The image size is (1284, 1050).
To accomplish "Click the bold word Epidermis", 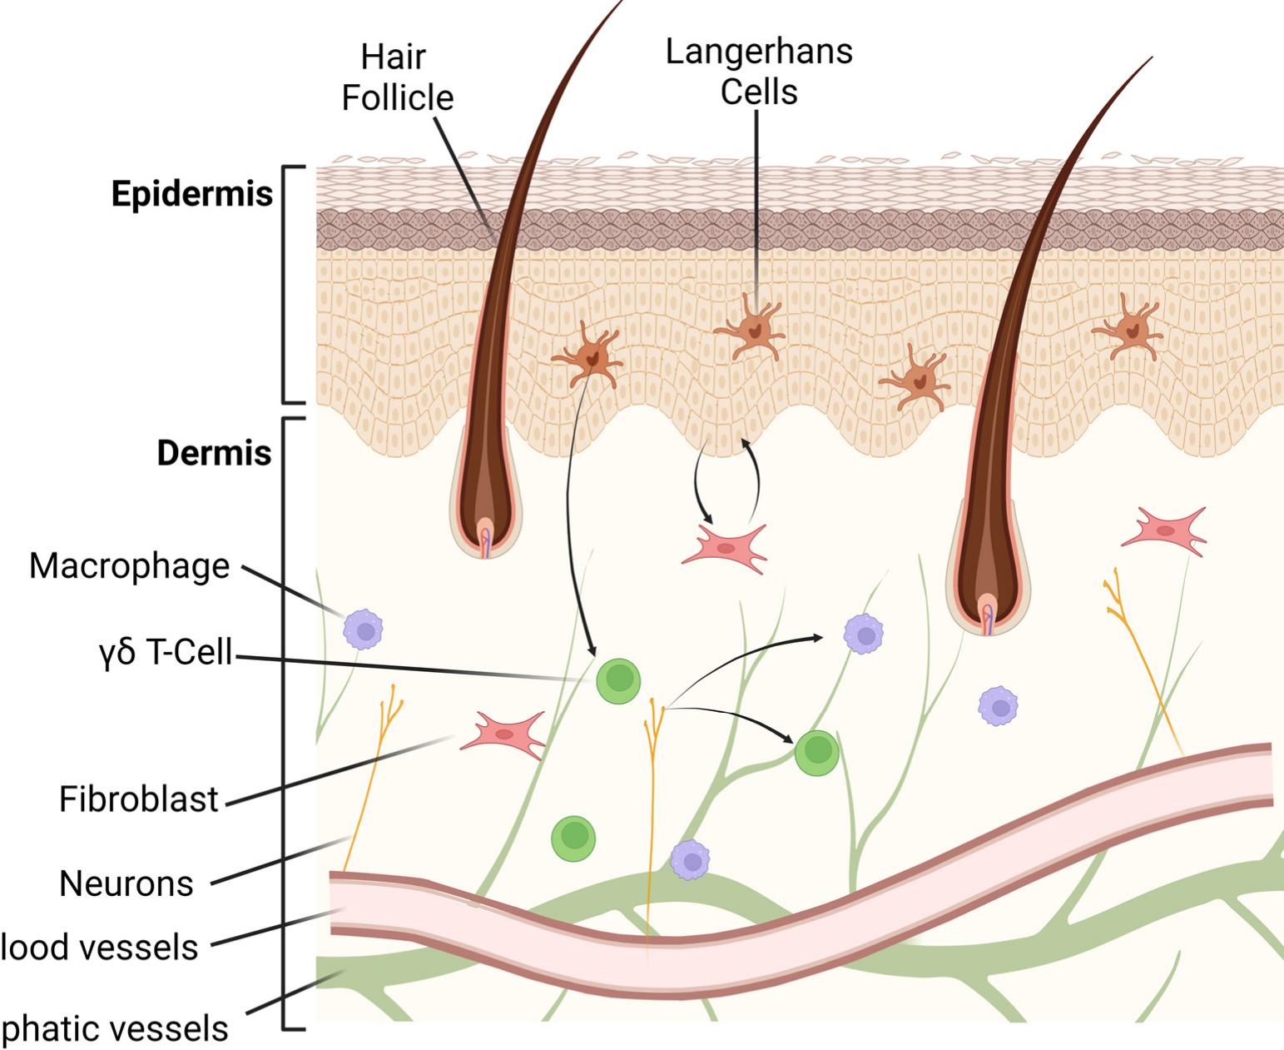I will click(x=192, y=194).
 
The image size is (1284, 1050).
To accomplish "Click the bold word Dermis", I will click(x=215, y=453).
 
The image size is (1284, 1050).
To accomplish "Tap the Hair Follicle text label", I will click(x=397, y=77).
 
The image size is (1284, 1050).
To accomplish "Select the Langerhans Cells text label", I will click(x=758, y=71).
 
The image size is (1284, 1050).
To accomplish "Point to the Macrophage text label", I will click(x=129, y=566).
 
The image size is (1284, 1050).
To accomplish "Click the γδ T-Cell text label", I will click(x=164, y=652).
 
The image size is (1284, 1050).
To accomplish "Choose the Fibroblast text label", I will click(x=138, y=799).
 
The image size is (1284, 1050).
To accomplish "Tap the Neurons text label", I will click(x=126, y=883).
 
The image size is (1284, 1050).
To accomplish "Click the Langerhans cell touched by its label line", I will click(x=749, y=330).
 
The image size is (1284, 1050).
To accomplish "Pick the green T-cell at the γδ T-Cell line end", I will click(x=618, y=680).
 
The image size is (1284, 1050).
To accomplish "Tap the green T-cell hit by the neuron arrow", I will click(x=816, y=753).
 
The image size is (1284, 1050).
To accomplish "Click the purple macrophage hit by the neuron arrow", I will click(x=864, y=634).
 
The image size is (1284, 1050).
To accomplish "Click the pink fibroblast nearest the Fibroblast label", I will click(x=505, y=734).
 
